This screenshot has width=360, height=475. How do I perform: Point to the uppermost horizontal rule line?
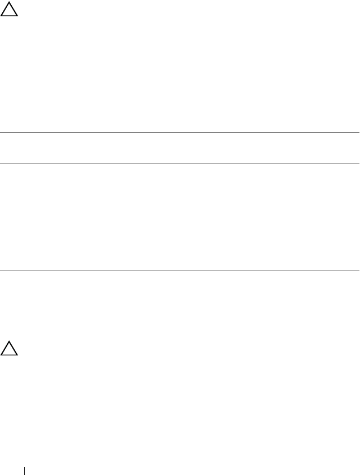point(180,133)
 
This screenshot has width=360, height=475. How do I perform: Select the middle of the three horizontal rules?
point(180,163)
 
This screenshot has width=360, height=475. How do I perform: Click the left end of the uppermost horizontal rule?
point(1,133)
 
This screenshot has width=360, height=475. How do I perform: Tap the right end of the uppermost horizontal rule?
point(359,133)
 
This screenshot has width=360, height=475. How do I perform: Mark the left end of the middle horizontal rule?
point(1,163)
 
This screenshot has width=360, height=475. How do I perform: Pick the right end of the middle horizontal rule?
point(359,163)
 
